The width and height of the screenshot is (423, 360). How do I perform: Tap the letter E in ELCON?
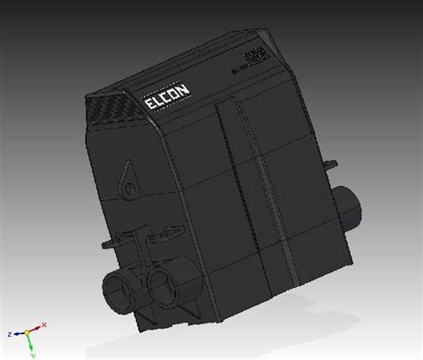pyautogui.click(x=150, y=108)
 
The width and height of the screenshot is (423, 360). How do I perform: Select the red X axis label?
pyautogui.click(x=44, y=325)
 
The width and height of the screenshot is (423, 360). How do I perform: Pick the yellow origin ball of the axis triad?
pyautogui.click(x=28, y=332)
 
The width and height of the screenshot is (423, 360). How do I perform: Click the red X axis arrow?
pyautogui.click(x=37, y=329)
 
